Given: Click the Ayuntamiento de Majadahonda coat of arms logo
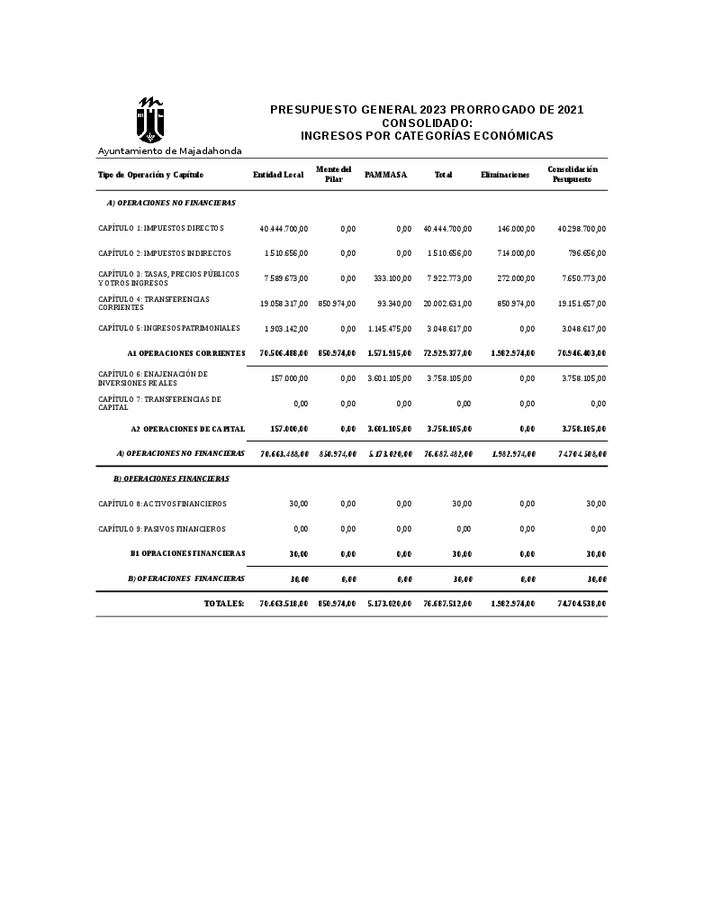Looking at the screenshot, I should click(150, 120).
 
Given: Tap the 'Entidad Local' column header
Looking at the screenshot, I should click(278, 175).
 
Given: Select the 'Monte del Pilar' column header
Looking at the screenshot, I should click(334, 174).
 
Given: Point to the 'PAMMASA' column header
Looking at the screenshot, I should click(386, 175).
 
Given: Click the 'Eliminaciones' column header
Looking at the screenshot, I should click(505, 175).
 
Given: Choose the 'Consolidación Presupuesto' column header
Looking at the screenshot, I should click(573, 174).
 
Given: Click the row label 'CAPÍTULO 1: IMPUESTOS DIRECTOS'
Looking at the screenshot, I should click(161, 228).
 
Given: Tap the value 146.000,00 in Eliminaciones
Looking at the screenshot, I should click(516, 229).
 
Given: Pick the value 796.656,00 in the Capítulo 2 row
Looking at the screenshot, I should click(586, 253).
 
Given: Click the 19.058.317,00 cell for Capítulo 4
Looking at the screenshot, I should click(284, 304).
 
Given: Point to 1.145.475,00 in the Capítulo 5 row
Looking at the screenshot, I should click(390, 329).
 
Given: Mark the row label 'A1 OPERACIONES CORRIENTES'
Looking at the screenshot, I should click(186, 353).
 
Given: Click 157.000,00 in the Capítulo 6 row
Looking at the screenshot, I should click(289, 378).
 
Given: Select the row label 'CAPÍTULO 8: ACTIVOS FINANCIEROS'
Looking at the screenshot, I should click(162, 504).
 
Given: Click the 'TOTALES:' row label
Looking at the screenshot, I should click(224, 603).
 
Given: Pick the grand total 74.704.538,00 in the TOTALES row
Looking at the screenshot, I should click(582, 603).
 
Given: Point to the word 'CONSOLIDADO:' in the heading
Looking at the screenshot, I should click(427, 123).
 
